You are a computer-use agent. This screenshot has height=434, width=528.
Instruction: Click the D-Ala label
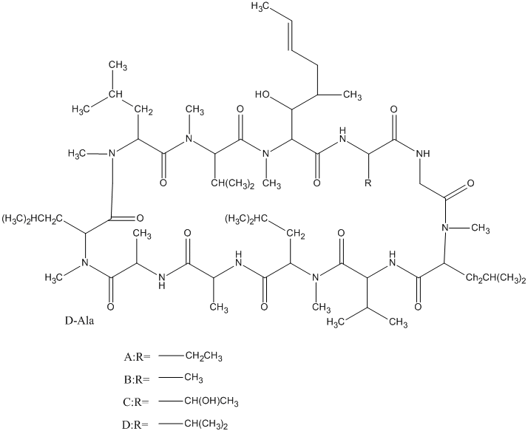[x=79, y=321]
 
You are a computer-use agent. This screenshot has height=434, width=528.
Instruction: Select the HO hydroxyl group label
[x=263, y=94]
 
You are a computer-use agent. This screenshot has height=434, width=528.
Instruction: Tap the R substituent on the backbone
[x=368, y=183]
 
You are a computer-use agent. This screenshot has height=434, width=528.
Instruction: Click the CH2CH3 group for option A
[x=203, y=356]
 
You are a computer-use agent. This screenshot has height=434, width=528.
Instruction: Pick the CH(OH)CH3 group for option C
[x=211, y=401]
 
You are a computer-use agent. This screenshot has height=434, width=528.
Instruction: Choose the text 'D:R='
[x=135, y=424]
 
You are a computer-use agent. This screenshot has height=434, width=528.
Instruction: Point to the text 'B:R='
[x=136, y=379]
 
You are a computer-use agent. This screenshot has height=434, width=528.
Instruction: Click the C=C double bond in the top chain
[x=290, y=35]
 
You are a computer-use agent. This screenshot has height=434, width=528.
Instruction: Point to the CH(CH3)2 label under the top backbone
[x=233, y=184]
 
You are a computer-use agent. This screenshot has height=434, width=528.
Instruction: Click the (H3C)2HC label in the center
[x=246, y=219]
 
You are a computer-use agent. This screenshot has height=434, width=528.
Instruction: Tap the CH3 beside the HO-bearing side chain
[x=352, y=95]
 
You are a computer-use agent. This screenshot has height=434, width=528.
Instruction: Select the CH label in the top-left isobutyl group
[x=115, y=94]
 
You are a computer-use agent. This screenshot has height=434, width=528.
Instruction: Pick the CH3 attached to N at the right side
[x=480, y=229]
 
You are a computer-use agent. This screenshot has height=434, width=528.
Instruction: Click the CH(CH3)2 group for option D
[x=206, y=424]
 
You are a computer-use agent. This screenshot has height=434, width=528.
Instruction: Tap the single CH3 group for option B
[x=194, y=378]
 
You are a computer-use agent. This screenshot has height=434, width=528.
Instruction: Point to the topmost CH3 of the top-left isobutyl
[x=118, y=65]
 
